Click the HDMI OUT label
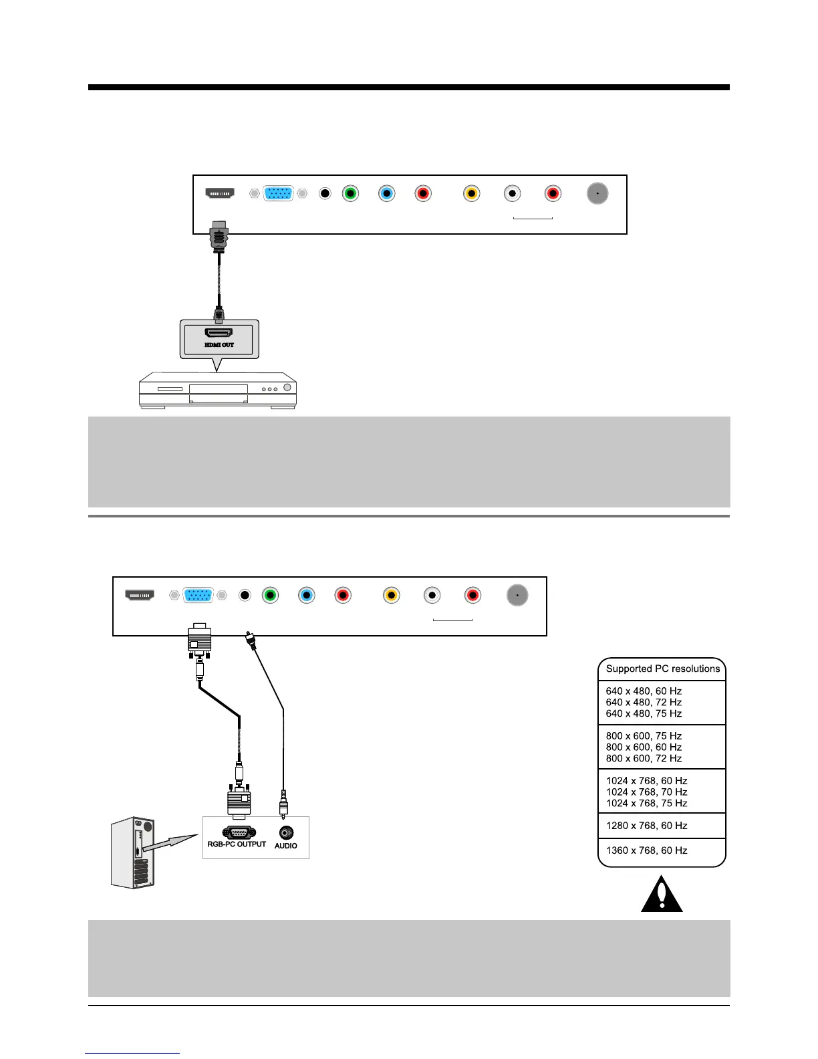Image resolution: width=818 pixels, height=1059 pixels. [219, 345]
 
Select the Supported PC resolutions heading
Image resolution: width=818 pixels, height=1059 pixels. [662, 669]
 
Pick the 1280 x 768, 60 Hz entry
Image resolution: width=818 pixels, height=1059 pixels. [646, 826]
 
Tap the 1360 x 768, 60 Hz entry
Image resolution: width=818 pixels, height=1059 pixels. [646, 850]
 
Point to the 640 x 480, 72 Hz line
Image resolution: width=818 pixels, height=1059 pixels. [644, 702]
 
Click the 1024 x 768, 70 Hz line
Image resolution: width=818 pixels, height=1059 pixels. [646, 792]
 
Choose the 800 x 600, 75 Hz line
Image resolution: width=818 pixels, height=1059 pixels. [644, 735]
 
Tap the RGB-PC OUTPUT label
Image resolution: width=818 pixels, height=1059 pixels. [237, 844]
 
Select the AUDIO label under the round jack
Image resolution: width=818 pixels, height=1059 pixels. [286, 846]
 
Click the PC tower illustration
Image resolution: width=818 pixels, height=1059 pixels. [134, 852]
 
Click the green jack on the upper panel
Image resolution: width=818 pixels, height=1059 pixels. [350, 194]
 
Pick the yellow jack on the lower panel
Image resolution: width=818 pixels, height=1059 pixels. [392, 595]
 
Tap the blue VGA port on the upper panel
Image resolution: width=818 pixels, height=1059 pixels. [278, 193]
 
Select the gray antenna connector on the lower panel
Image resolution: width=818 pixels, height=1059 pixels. [517, 595]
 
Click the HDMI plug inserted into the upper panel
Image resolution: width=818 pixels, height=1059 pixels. [219, 237]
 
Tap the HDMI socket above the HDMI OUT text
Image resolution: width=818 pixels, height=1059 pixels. [219, 332]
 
